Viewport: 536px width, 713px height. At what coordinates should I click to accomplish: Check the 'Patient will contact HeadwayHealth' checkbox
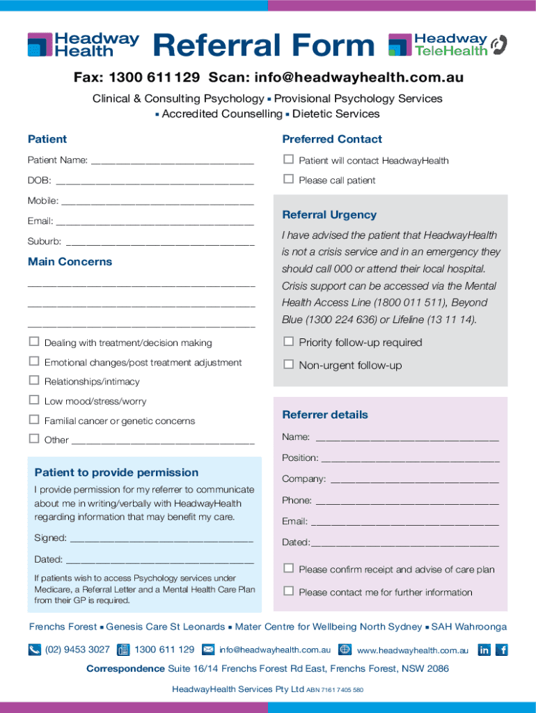click(288, 160)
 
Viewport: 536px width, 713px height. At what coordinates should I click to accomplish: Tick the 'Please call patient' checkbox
click(288, 180)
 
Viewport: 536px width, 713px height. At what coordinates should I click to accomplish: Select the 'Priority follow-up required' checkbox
click(288, 342)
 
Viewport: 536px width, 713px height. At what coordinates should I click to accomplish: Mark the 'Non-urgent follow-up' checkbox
click(288, 365)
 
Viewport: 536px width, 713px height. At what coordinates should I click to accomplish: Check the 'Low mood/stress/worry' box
click(33, 400)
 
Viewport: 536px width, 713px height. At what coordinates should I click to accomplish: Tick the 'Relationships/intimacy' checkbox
click(33, 381)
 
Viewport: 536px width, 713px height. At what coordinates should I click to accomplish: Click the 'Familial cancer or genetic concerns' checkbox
click(33, 420)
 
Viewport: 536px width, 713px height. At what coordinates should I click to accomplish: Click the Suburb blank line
click(159, 243)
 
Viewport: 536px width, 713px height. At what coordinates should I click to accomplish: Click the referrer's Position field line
click(410, 459)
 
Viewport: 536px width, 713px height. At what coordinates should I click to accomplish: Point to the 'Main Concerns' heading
click(70, 262)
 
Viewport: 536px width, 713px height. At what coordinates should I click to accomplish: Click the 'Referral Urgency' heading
click(329, 215)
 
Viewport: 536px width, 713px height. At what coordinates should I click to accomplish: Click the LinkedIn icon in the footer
click(484, 650)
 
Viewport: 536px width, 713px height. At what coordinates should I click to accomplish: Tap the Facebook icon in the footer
click(502, 650)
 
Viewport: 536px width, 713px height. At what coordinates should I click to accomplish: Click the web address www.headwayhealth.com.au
click(413, 650)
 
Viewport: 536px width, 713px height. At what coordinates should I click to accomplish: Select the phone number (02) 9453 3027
click(77, 650)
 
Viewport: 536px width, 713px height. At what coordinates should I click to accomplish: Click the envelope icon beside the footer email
click(207, 650)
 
